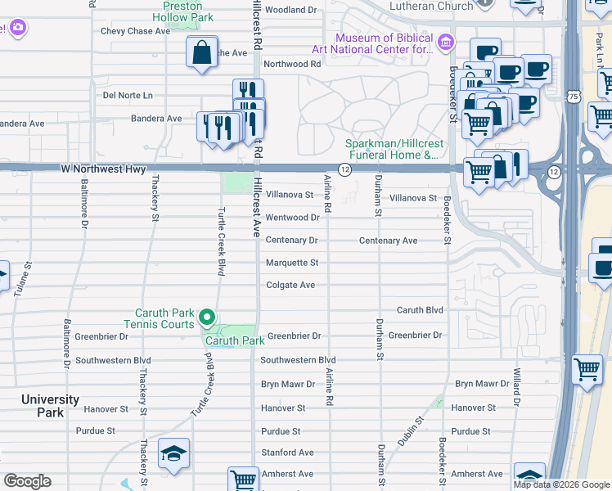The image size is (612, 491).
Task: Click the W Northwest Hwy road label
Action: [103, 169]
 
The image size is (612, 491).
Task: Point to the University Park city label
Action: [51, 406]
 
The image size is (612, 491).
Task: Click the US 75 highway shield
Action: [574, 97]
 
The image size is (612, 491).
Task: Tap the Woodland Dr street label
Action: [290, 10]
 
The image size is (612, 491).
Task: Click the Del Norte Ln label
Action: [128, 95]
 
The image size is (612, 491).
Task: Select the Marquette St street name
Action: [292, 263]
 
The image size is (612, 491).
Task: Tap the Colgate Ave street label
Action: [290, 285]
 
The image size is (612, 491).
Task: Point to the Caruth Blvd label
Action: [420, 310]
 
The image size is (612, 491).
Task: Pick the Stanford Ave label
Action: [287, 452]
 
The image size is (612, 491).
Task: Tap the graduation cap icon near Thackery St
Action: [173, 454]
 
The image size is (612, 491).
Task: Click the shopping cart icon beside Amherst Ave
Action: [243, 480]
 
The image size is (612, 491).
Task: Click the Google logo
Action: [27, 481]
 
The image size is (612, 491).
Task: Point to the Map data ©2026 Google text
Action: [560, 484]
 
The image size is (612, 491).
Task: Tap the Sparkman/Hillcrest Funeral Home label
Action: [393, 149]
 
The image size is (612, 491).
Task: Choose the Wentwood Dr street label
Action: [293, 218]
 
